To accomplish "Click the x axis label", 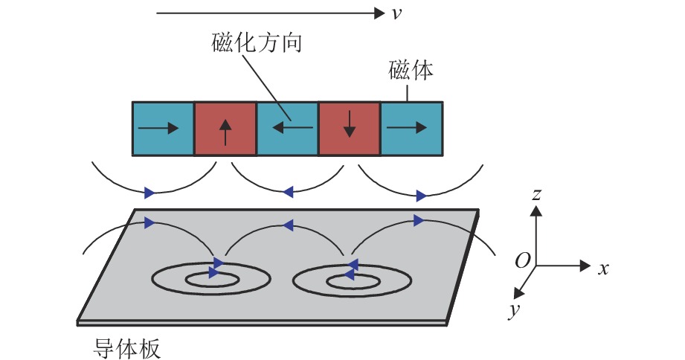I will (x=603, y=269).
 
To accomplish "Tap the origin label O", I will (x=523, y=261).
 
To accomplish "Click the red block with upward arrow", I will (x=225, y=129).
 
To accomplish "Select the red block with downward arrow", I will (x=349, y=129).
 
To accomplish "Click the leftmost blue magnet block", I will (x=163, y=129).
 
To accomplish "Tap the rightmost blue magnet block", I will (x=411, y=129).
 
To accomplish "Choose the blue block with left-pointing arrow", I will (x=287, y=129).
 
